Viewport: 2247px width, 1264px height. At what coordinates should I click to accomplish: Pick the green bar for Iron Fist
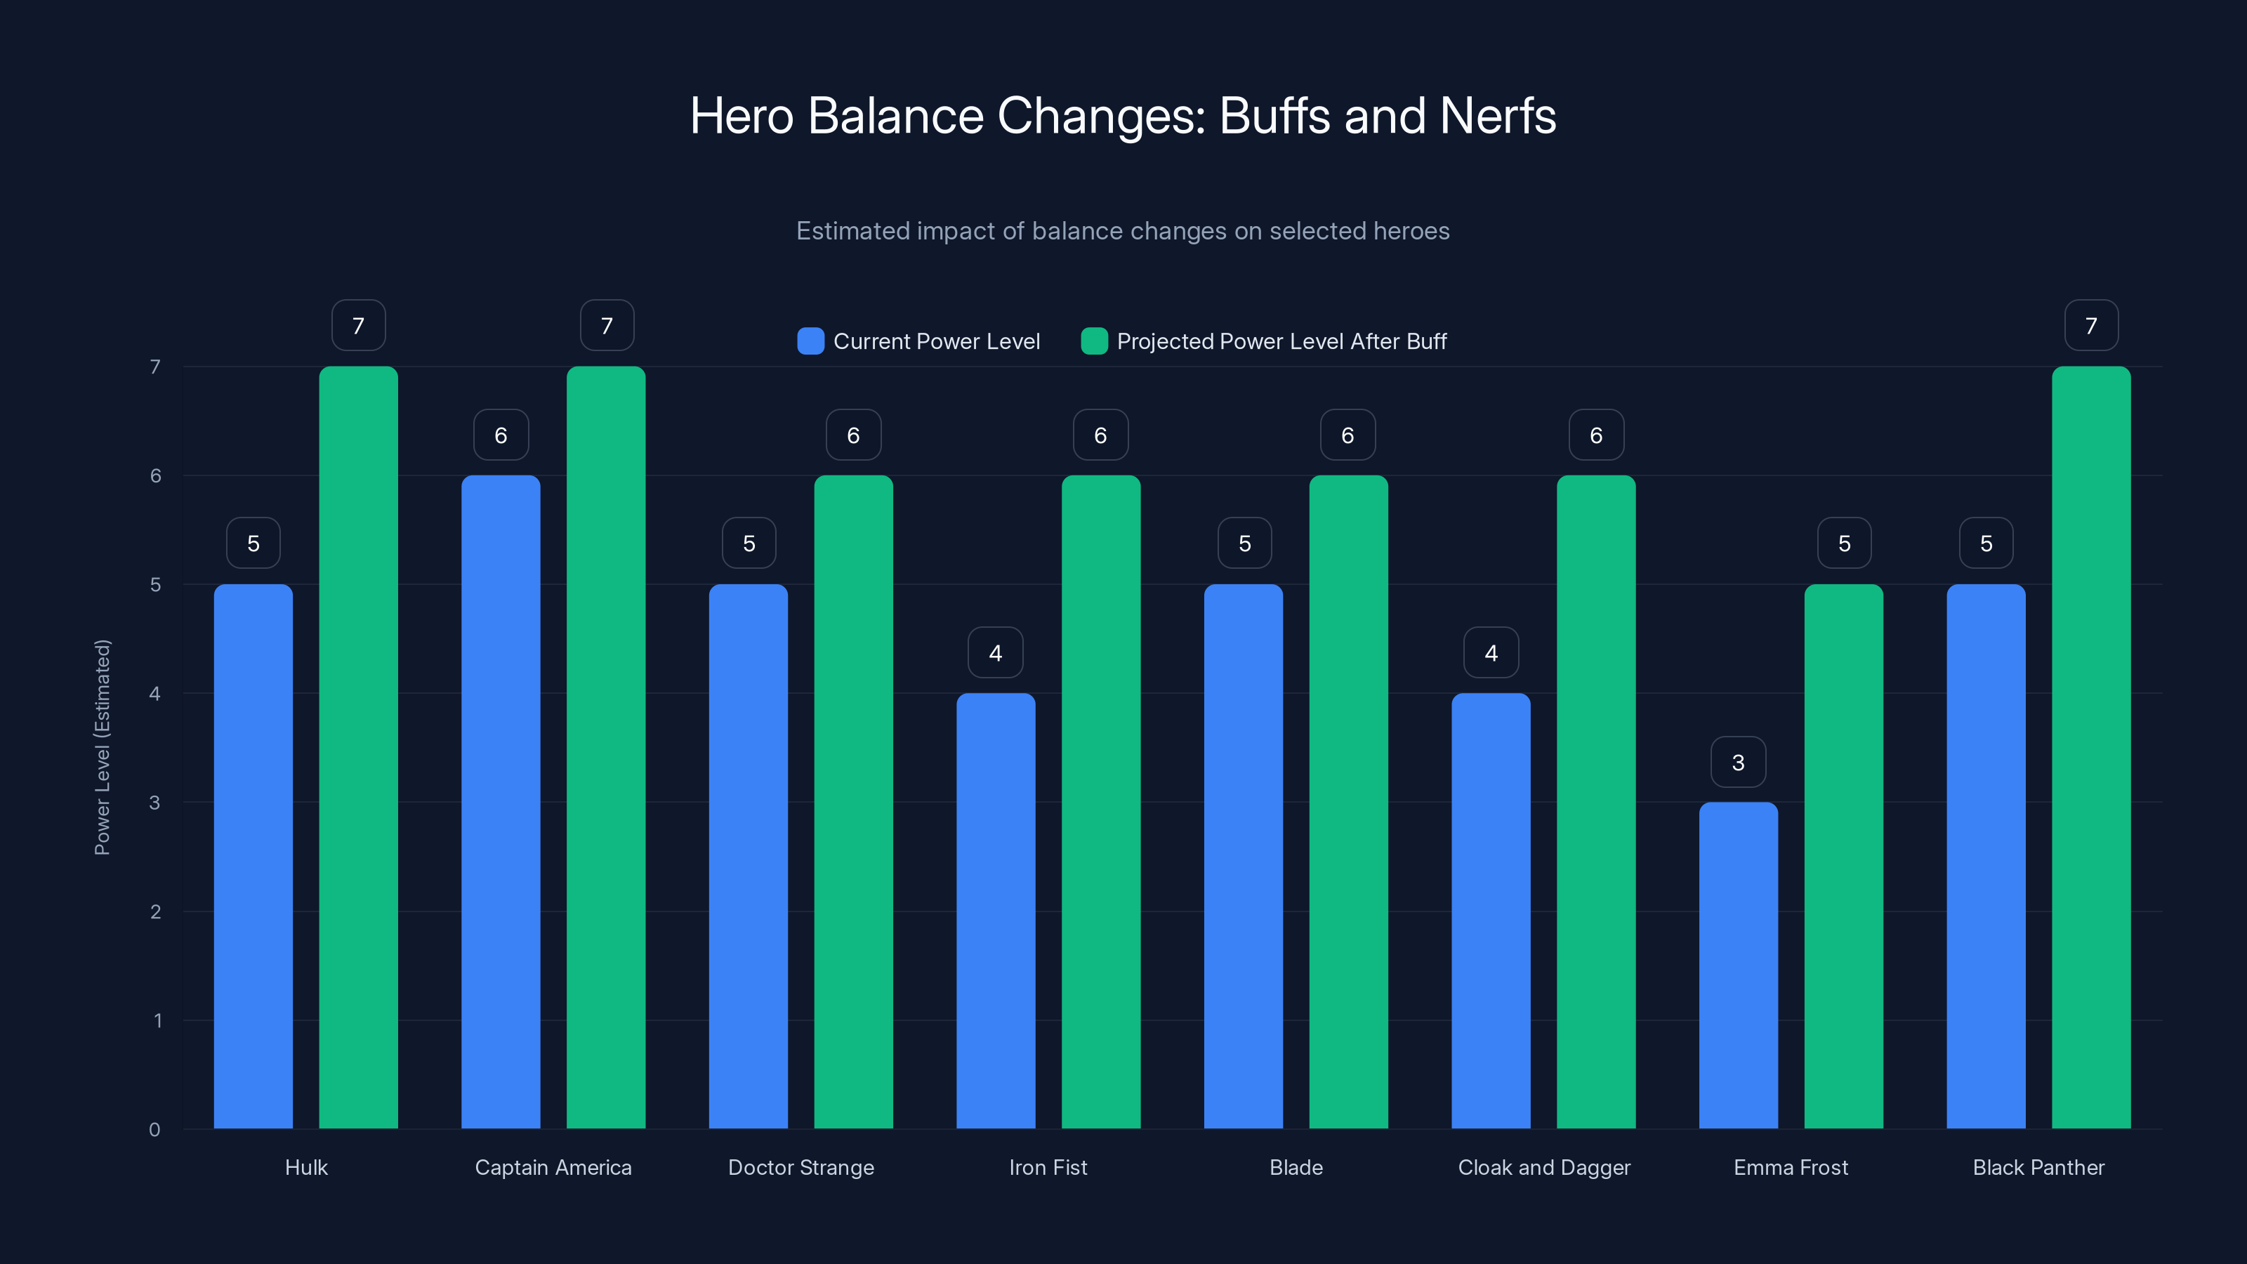click(1101, 802)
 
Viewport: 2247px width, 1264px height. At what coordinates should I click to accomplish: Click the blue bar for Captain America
click(501, 802)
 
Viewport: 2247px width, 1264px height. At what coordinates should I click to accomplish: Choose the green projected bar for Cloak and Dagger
click(1595, 802)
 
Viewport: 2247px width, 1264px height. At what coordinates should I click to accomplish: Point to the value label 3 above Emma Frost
click(1738, 763)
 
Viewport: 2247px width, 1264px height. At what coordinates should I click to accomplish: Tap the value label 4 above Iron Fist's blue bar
click(995, 652)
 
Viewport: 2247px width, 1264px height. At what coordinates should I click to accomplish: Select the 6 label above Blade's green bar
click(1347, 435)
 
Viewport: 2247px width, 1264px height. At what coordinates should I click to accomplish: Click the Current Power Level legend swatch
click(810, 341)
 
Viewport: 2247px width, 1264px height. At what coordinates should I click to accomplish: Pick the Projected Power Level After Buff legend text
click(1281, 341)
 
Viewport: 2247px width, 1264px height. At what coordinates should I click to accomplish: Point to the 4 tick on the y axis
click(155, 694)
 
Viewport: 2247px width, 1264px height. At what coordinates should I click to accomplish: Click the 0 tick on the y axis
click(155, 1130)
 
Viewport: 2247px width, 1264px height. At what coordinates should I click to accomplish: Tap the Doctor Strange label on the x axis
click(800, 1167)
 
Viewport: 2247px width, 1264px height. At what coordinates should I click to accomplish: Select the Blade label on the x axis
click(1296, 1167)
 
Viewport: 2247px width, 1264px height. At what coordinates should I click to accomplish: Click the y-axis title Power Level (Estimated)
click(102, 748)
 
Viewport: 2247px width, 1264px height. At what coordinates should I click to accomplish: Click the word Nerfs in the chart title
click(1497, 116)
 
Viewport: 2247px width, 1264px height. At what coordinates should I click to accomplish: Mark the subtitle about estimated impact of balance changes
click(1123, 231)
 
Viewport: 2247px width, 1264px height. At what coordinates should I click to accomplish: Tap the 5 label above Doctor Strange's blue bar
click(749, 544)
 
